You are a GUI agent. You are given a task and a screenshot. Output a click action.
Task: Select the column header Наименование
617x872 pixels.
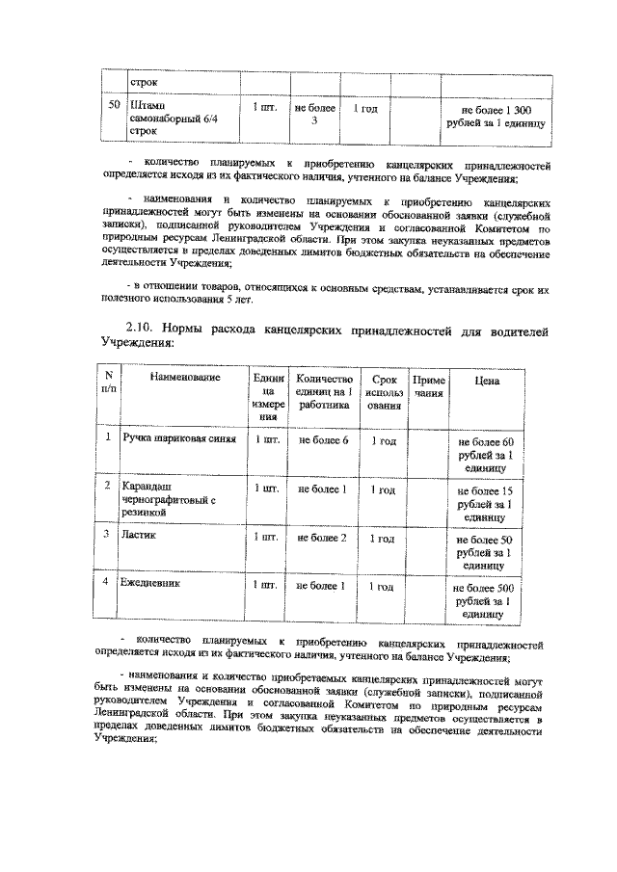coord(179,378)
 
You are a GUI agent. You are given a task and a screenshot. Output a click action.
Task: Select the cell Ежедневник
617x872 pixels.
coord(151,584)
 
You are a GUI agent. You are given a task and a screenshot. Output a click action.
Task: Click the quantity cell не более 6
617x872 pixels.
coord(322,439)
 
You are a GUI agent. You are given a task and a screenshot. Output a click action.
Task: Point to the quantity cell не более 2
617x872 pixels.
coord(322,537)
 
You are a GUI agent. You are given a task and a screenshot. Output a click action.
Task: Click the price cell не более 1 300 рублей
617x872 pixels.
coord(496,117)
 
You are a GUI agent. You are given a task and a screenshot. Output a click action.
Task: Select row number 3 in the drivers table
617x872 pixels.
coord(108,534)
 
